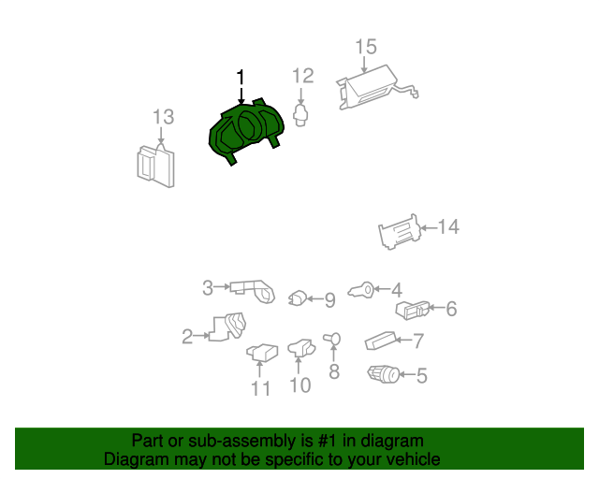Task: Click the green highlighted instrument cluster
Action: [x=246, y=131]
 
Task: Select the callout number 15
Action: [x=366, y=47]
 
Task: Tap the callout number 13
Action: [x=164, y=117]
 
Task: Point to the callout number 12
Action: [x=303, y=76]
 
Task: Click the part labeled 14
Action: [x=400, y=231]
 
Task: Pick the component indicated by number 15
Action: [x=376, y=88]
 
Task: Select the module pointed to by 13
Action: [x=156, y=167]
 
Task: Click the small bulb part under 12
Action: [x=300, y=115]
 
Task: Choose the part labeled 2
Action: [x=227, y=327]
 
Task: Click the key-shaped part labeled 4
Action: [x=361, y=291]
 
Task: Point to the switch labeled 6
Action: [x=412, y=310]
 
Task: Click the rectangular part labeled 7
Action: [x=381, y=341]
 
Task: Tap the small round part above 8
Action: [x=331, y=339]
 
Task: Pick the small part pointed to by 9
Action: [x=298, y=298]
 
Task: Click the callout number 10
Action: [x=300, y=385]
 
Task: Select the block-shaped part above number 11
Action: [x=262, y=352]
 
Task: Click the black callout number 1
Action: [x=241, y=78]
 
